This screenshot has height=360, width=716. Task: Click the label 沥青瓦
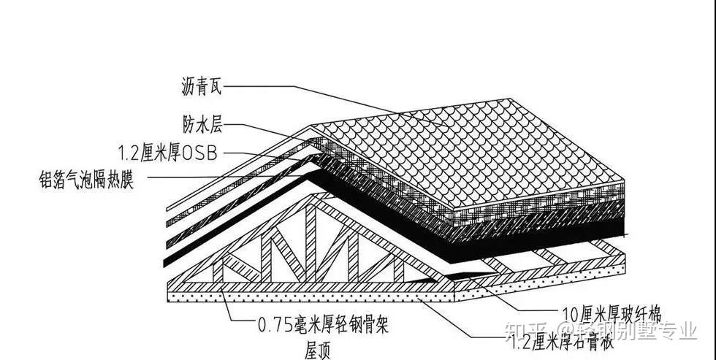pyautogui.click(x=201, y=89)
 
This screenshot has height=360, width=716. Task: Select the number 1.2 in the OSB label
pyautogui.click(x=132, y=153)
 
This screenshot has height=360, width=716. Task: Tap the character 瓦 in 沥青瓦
pyautogui.click(x=215, y=89)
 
